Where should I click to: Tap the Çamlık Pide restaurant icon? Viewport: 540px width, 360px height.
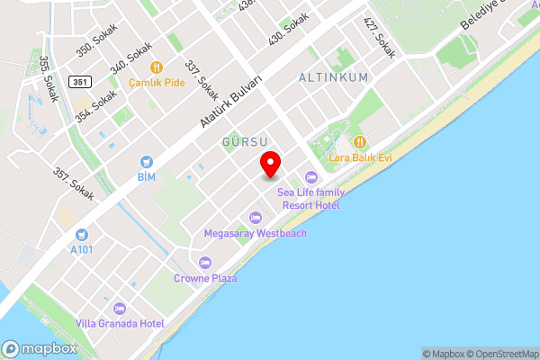(x=156, y=67)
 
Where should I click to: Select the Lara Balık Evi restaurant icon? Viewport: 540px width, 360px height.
(x=360, y=142)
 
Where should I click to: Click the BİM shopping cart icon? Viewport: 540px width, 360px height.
(x=146, y=161)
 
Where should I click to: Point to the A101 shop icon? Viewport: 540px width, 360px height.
(x=82, y=234)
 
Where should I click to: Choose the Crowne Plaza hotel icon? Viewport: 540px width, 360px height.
(x=205, y=263)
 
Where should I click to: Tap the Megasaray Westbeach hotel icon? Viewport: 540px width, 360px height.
(x=255, y=218)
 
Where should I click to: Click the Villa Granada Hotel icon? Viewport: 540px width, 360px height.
(x=120, y=309)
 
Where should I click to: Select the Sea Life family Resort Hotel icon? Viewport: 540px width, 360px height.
(x=311, y=177)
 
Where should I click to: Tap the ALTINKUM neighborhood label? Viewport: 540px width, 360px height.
(x=333, y=78)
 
